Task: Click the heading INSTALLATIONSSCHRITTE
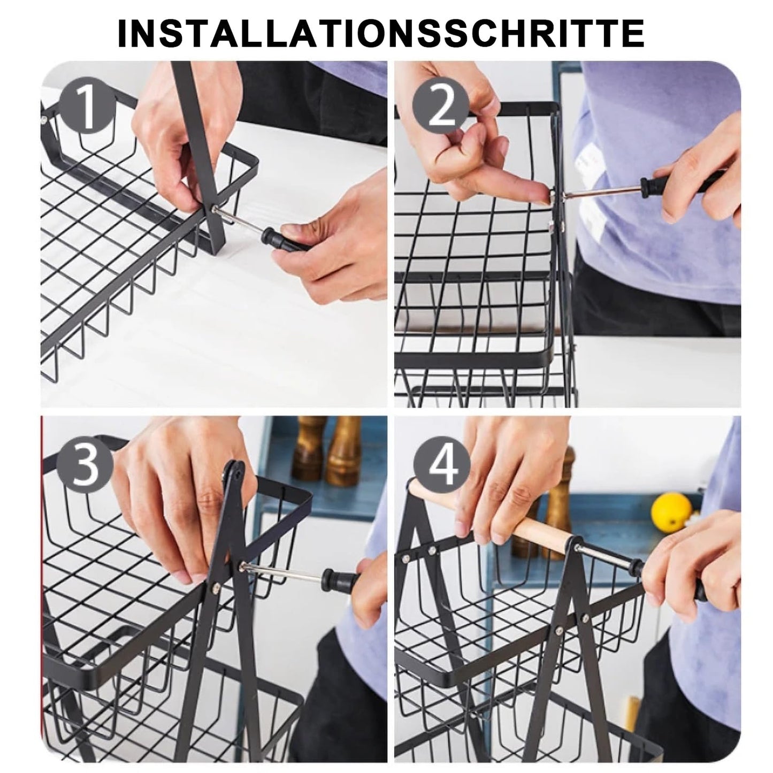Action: coord(380,33)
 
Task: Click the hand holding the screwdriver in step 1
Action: coord(332,246)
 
